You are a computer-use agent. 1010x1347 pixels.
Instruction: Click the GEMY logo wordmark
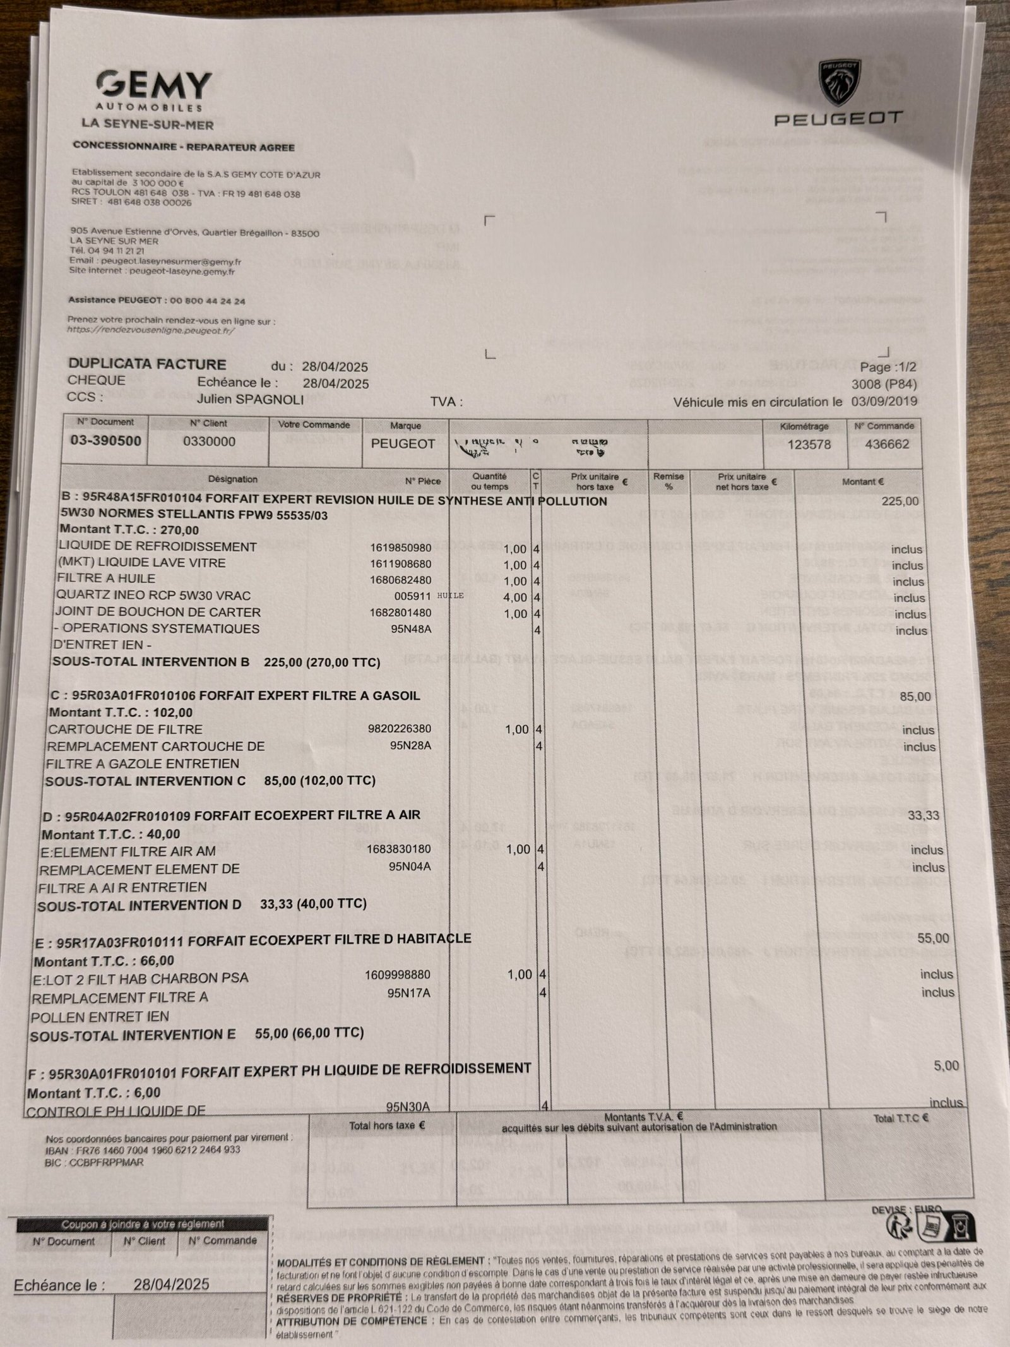point(155,83)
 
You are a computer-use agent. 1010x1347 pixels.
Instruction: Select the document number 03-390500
point(105,441)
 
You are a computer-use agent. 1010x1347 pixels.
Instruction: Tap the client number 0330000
point(209,441)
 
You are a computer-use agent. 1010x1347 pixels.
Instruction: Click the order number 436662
point(887,444)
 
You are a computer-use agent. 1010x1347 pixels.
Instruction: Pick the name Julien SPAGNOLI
point(250,399)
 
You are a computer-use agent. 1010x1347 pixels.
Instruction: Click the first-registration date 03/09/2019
point(884,401)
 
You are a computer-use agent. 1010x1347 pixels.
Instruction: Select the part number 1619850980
point(401,548)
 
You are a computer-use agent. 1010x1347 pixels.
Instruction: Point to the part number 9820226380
point(400,728)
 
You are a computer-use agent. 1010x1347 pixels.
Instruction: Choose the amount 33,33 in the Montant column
point(924,815)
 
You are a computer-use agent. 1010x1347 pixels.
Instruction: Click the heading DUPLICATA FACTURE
point(147,364)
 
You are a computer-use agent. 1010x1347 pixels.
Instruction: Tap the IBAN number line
point(143,1150)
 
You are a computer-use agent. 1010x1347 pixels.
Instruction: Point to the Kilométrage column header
point(804,426)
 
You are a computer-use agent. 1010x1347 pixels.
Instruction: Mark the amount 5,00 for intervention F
point(946,1065)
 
